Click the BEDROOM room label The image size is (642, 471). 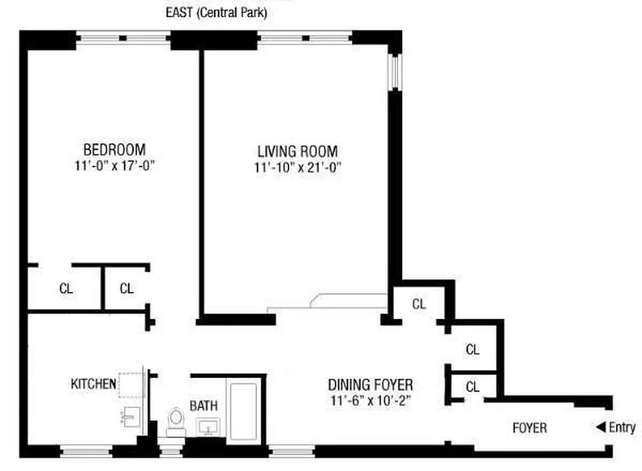114,149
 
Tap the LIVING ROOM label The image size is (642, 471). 298,151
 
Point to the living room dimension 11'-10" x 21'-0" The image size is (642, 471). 298,167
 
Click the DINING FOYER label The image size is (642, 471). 370,385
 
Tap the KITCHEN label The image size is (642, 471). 93,384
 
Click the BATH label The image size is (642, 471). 204,406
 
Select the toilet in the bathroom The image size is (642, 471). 175,420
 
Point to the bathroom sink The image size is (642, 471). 208,426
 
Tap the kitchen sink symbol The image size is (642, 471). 130,417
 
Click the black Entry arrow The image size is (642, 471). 601,427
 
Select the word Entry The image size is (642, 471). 622,427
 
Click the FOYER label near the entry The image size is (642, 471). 530,428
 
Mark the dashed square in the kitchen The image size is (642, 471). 132,385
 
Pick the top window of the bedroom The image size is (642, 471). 124,39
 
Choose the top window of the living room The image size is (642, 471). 305,39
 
